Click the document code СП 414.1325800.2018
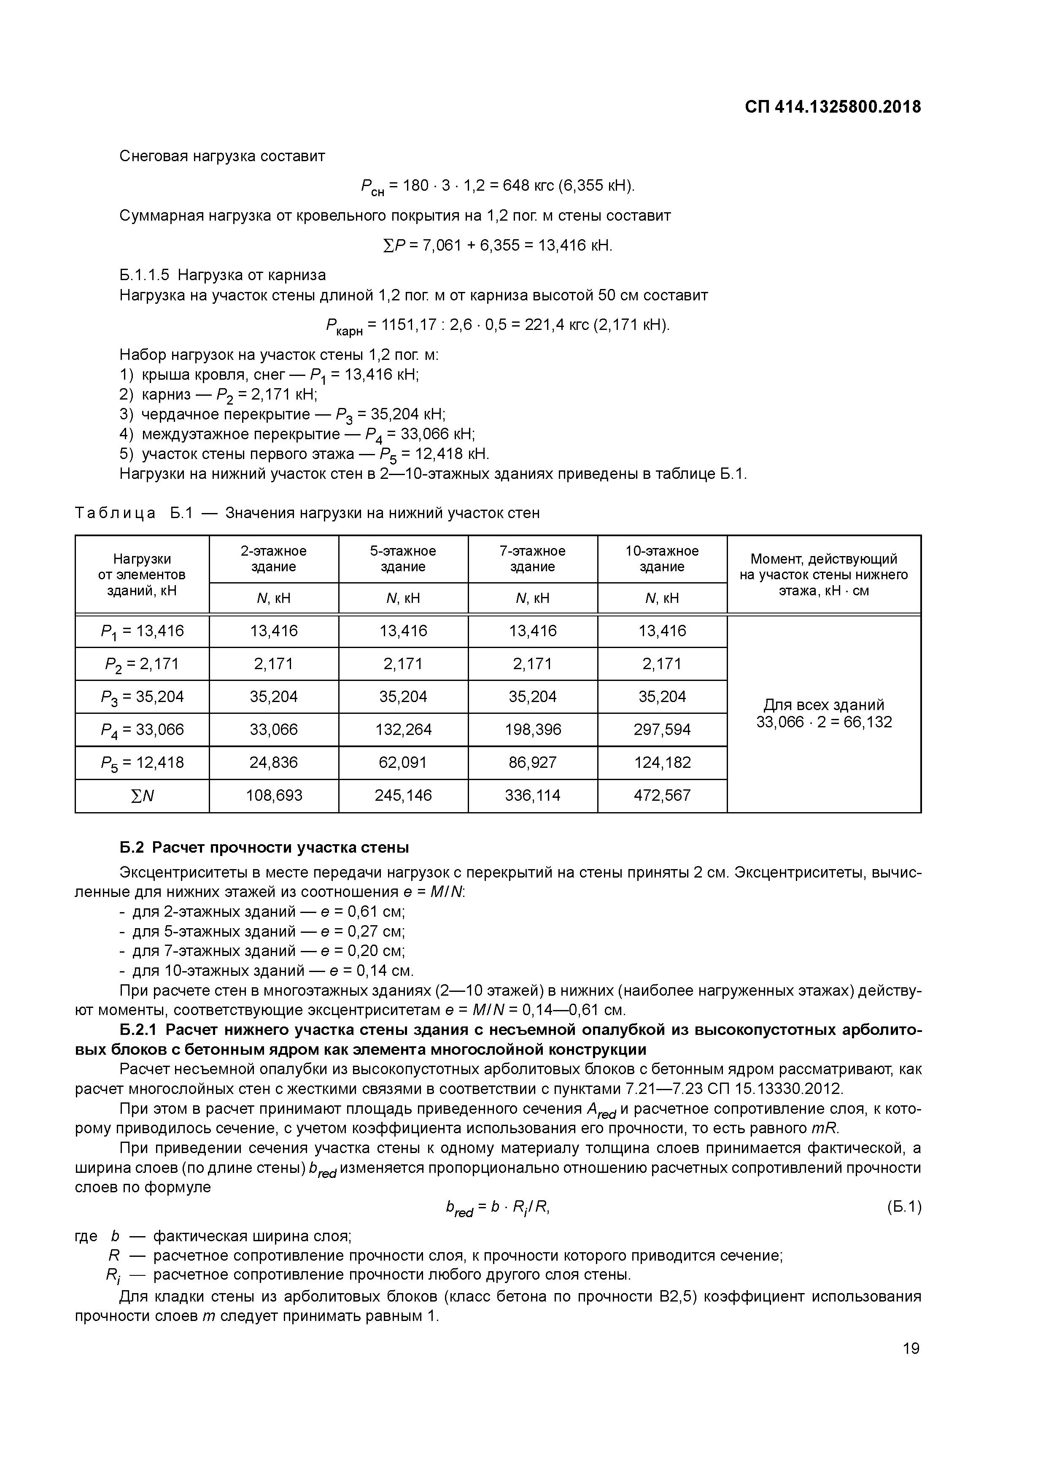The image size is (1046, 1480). pos(833,107)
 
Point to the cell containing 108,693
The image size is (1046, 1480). pos(274,795)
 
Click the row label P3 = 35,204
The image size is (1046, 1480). pos(143,697)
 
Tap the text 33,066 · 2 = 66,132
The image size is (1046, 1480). pos(824,722)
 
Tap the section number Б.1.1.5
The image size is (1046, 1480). pos(144,275)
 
